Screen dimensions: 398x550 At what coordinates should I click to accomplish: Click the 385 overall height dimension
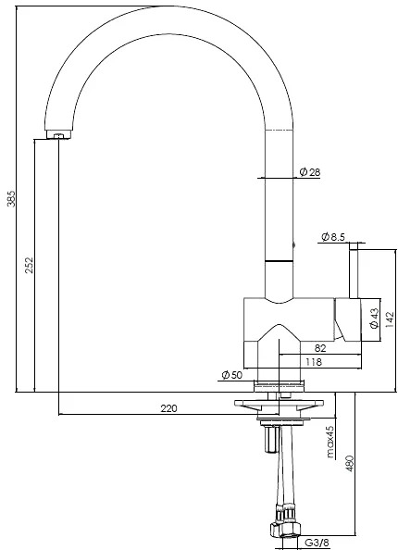11,199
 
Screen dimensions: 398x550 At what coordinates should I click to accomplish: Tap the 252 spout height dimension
30,265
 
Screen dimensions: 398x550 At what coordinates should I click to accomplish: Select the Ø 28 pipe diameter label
310,172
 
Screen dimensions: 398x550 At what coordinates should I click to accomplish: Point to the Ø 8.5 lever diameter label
333,237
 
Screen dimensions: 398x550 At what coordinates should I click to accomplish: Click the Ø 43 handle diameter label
375,319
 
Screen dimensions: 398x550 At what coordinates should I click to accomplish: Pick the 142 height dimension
390,319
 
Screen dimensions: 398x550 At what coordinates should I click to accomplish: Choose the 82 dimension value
320,348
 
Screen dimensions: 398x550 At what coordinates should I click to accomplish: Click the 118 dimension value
314,362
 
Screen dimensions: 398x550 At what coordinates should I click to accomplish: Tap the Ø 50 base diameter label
231,375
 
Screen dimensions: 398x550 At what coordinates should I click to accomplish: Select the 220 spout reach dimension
169,408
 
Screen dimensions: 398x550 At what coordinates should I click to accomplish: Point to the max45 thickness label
330,442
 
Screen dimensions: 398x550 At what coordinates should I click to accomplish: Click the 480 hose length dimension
350,463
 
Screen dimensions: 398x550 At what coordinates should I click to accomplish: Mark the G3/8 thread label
317,543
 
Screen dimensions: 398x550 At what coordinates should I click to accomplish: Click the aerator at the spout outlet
59,134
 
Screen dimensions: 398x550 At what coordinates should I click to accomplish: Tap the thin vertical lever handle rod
354,270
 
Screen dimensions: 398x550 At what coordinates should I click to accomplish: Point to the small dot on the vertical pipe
293,245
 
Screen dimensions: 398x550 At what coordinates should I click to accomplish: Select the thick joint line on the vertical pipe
279,261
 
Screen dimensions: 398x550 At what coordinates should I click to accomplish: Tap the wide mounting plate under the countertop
279,405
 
